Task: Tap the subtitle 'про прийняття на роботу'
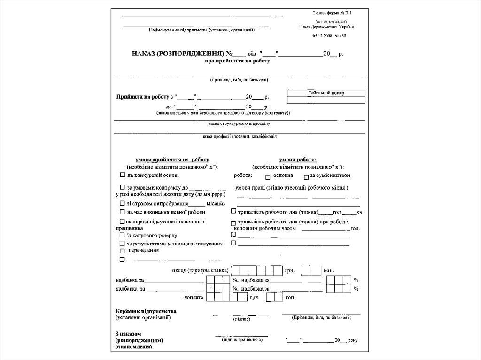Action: pos(238,61)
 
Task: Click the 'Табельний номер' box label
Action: pos(326,93)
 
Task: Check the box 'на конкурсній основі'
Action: pos(122,176)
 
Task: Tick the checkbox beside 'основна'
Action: pos(267,177)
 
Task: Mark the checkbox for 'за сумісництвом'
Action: pos(306,177)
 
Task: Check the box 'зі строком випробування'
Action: pos(122,204)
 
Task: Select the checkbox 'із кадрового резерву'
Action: pos(122,235)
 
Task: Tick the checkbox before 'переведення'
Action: pos(122,251)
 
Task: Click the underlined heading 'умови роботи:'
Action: pos(298,160)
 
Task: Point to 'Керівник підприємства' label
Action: pos(146,311)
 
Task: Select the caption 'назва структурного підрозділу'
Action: pos(239,123)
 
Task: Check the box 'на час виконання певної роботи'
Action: pos(122,212)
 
